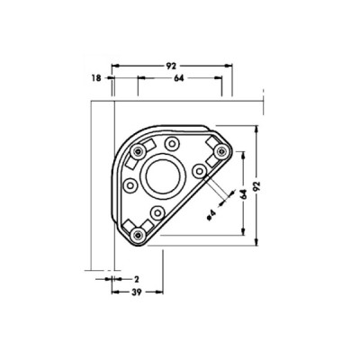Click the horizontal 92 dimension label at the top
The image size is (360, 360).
[172, 66]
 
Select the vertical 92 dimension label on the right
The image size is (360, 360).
[256, 186]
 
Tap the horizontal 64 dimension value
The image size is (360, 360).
[179, 78]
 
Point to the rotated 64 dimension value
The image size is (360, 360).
[244, 194]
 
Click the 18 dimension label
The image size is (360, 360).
[96, 78]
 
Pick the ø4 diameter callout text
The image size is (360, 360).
[211, 215]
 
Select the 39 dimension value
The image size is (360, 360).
[137, 292]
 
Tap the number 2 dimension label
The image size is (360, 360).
[137, 280]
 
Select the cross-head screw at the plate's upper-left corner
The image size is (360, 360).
[138, 151]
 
